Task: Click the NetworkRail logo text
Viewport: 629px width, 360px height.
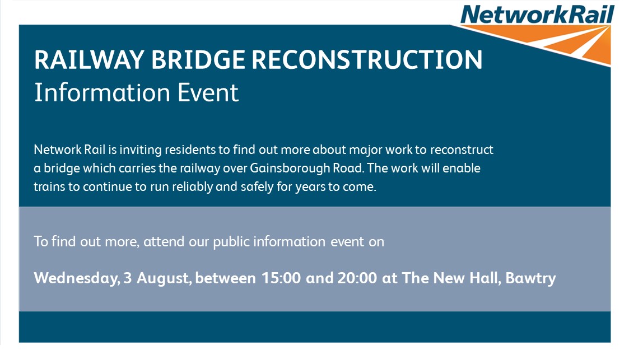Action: tap(537, 15)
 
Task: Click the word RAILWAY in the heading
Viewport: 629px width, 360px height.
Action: tap(89, 60)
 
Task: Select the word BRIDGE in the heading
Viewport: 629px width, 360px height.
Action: tap(198, 60)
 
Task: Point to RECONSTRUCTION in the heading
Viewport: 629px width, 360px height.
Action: tap(367, 60)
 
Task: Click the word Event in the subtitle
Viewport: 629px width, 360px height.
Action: tap(208, 92)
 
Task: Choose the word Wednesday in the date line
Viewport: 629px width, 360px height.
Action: tap(77, 278)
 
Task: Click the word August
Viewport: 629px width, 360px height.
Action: tap(164, 278)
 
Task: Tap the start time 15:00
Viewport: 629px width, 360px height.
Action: tap(281, 278)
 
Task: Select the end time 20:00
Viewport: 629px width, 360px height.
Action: tap(357, 278)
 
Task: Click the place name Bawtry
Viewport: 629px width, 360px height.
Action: tap(531, 278)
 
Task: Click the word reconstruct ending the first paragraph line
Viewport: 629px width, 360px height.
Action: tap(462, 149)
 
